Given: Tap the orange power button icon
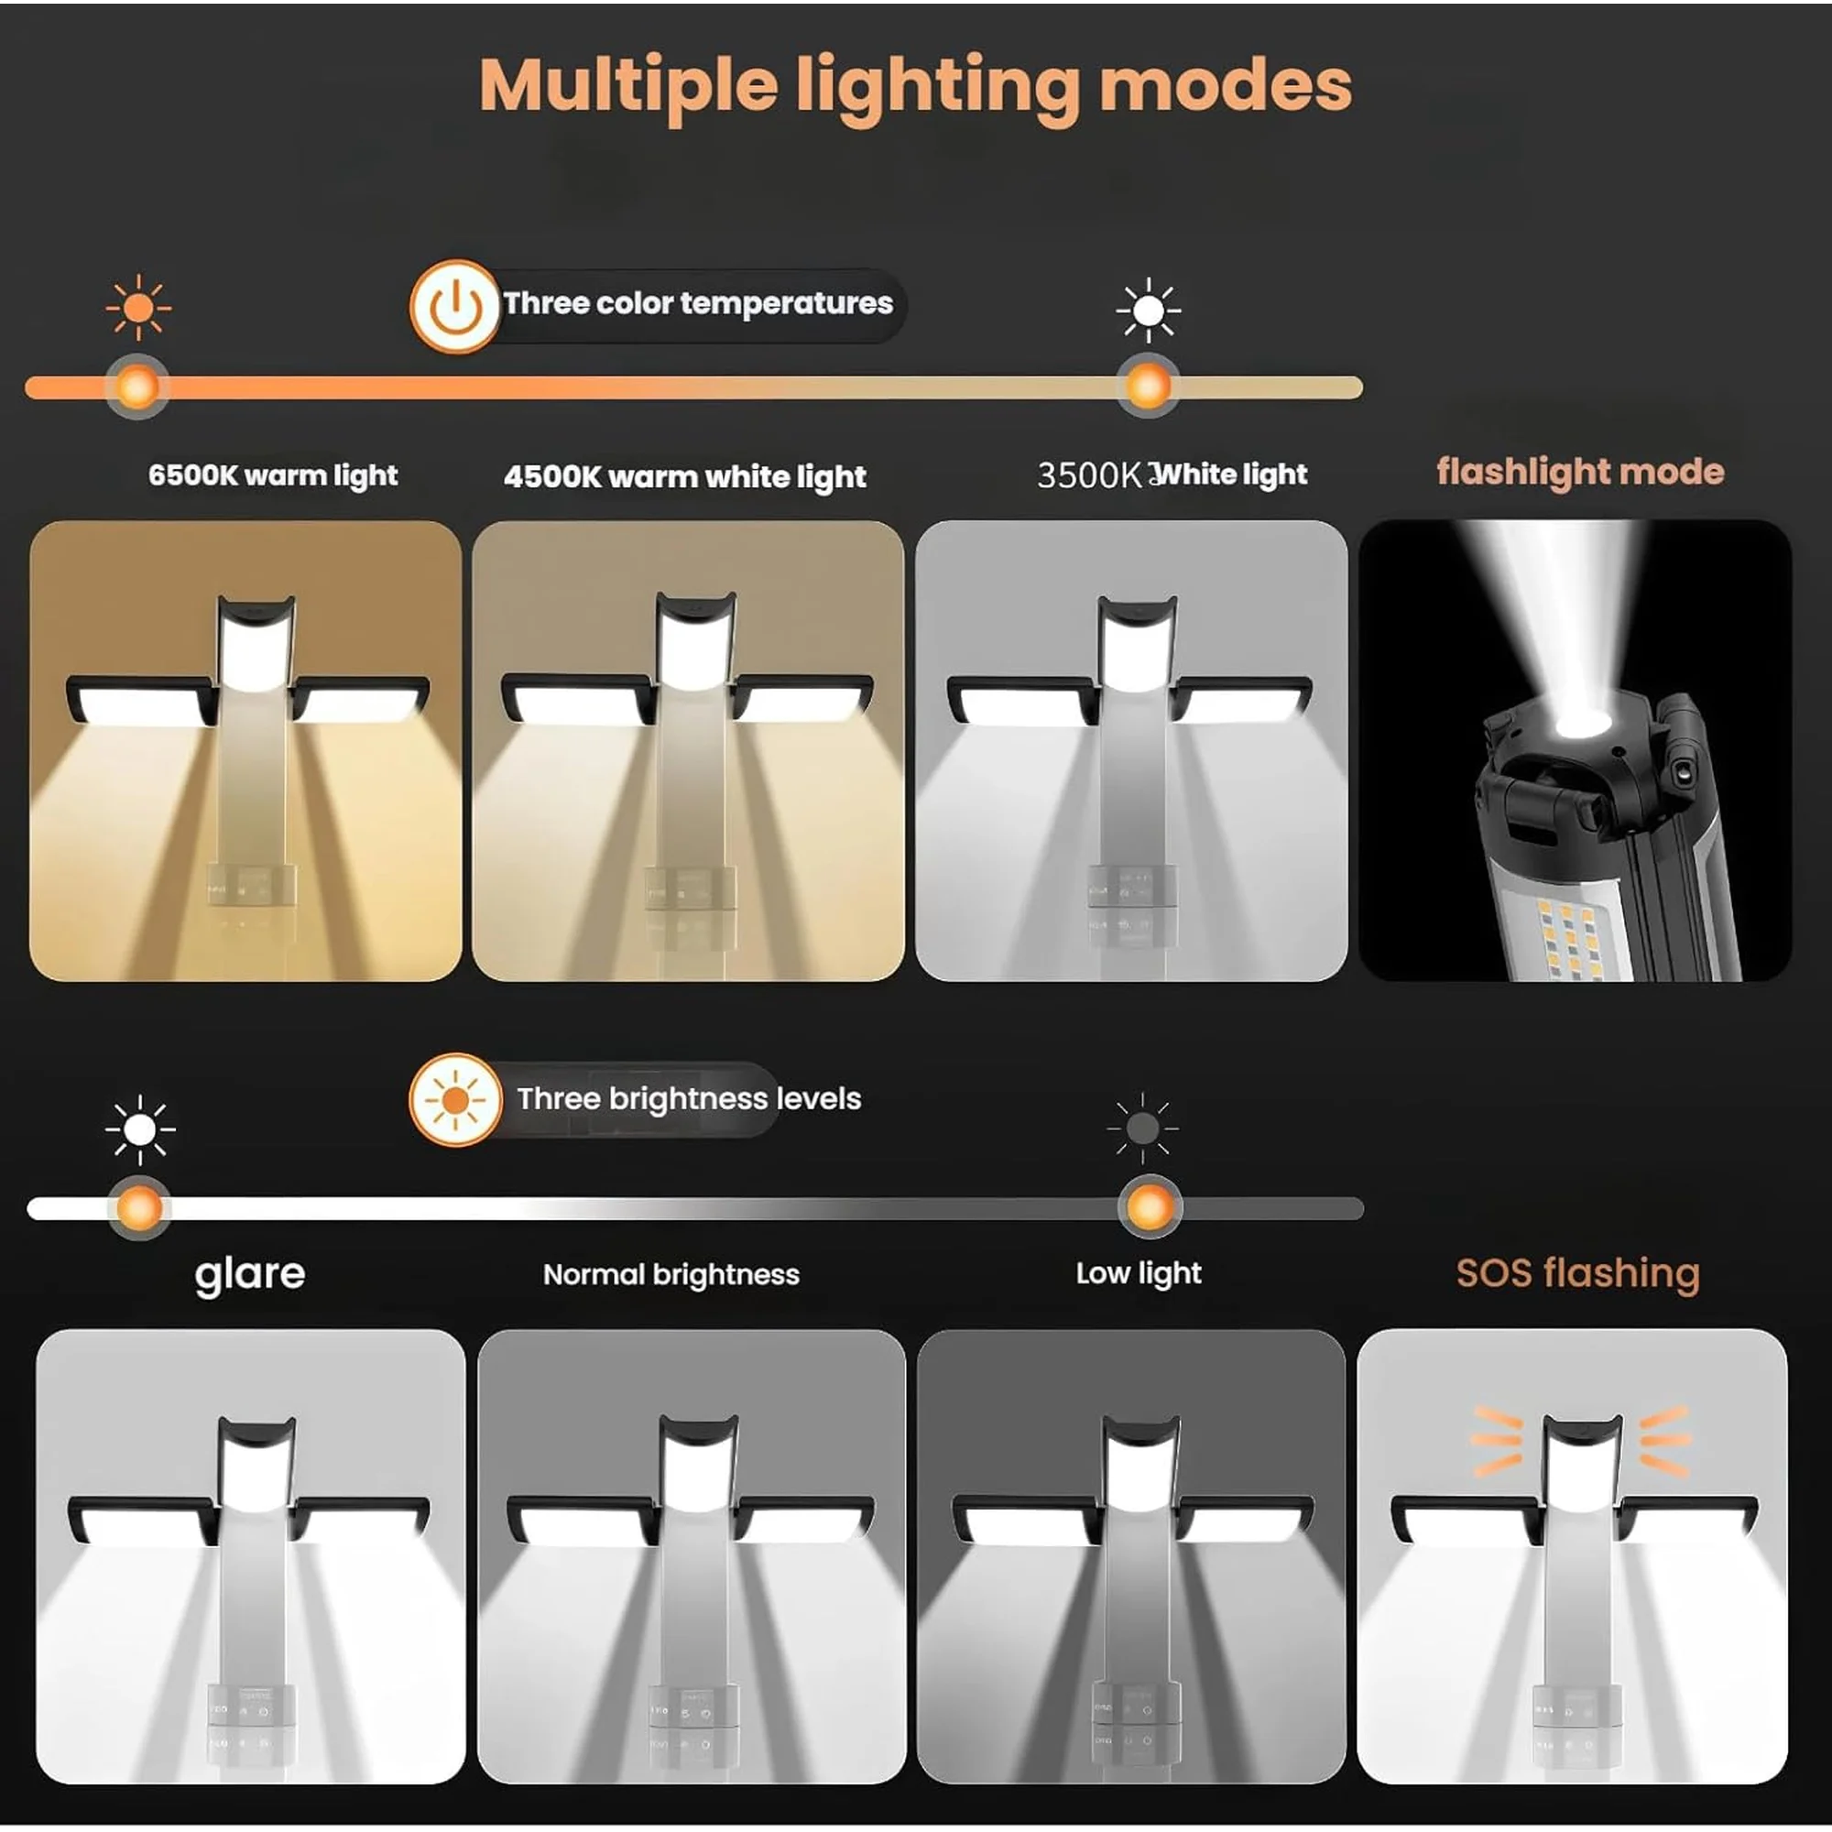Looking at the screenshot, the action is pos(455,306).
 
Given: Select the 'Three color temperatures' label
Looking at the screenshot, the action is pos(698,303).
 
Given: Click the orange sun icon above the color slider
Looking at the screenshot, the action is pos(138,308).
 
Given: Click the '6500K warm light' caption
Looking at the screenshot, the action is pos(273,475).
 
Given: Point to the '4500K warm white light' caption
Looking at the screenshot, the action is pos(684,476).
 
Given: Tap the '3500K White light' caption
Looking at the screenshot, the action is pos(1172,474).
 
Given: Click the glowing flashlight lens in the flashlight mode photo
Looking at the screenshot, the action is pos(1581,722).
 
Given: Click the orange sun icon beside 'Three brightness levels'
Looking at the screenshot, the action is pos(455,1100).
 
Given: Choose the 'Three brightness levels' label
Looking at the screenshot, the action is pos(689,1099).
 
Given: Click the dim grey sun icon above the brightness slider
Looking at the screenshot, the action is pos(1142,1129).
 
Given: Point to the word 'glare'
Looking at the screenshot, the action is pos(250,1274).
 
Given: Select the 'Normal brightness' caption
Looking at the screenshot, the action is pos(671,1274).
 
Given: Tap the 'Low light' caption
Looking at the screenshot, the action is pos(1138,1273).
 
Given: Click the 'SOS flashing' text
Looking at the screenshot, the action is pos(1578,1273).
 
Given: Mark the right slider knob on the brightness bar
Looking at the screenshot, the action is pos(1150,1208).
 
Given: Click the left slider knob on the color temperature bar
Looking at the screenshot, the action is pos(137,387).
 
